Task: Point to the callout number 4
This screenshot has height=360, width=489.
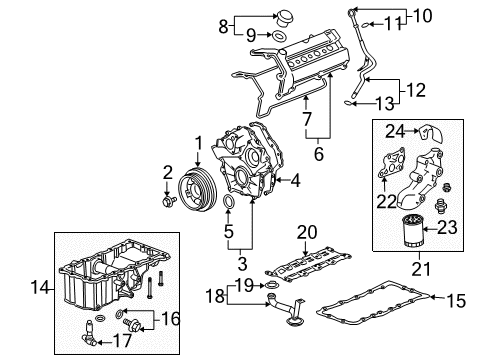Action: [x=295, y=181]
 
